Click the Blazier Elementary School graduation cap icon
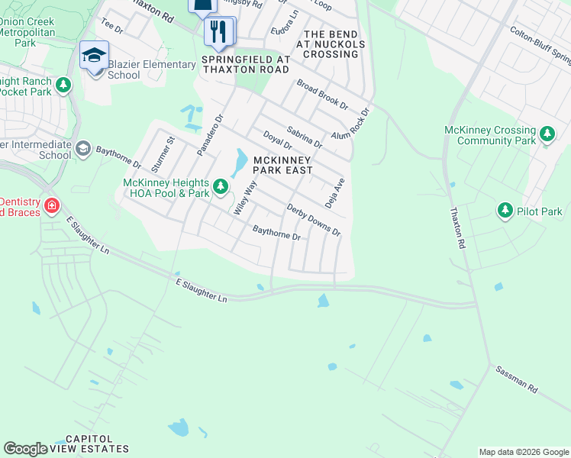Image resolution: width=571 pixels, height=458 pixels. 94,55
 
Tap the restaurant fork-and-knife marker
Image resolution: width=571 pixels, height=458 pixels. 219,31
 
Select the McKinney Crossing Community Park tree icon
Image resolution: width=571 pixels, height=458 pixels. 547,135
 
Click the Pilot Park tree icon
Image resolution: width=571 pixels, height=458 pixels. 505,211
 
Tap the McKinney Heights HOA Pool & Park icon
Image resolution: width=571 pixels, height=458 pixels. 221,186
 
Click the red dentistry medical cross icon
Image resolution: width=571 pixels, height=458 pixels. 51,205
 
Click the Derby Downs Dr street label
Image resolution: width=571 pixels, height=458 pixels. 313,220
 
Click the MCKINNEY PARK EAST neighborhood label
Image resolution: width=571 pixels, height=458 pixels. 282,165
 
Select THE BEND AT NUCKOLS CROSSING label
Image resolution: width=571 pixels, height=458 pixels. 335,44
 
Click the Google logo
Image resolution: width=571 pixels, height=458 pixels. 25,448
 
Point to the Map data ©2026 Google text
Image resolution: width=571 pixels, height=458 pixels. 523,452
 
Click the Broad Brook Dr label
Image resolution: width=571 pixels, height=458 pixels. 322,95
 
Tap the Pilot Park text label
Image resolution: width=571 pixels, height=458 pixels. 539,211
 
